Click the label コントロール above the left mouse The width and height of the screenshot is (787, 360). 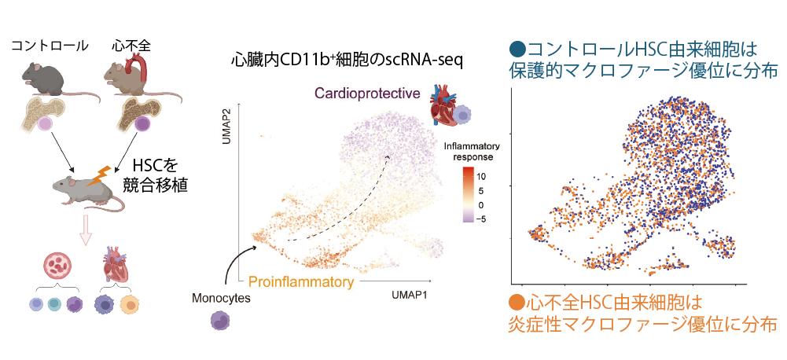coord(50,46)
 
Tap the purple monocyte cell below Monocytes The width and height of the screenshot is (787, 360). coord(222,321)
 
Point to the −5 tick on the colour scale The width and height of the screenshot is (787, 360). coord(482,219)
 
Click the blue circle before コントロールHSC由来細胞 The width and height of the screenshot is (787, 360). coord(518,49)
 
